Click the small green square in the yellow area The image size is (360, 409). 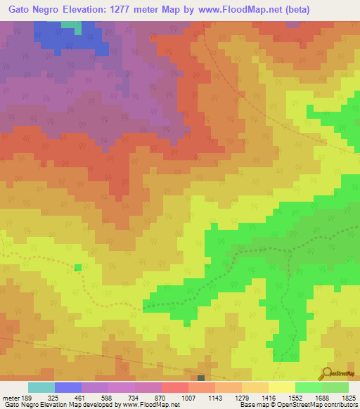click(x=77, y=267)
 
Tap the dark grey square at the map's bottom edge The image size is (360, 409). click(x=201, y=378)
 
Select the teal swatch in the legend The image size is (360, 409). click(x=41, y=387)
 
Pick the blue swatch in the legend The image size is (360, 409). click(x=68, y=387)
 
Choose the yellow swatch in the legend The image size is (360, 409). click(x=282, y=387)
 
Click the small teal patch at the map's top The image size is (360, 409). click(x=71, y=25)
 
